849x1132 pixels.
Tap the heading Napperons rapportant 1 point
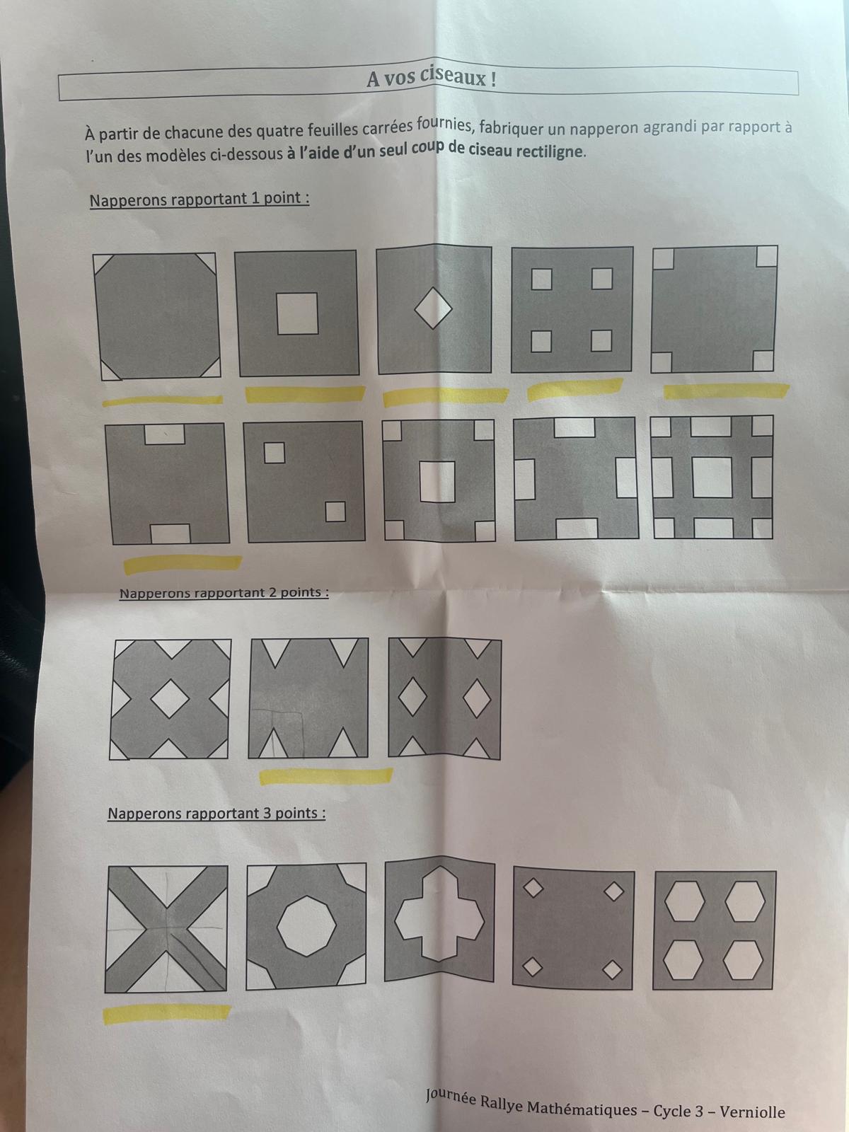tap(200, 199)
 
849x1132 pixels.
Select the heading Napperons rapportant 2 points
tap(224, 593)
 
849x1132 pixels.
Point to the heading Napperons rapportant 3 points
tap(216, 814)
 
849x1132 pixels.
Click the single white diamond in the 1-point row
tap(433, 308)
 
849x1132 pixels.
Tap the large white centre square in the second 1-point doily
tap(297, 313)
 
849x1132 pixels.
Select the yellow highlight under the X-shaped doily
tap(166, 1012)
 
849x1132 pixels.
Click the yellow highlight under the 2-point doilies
tap(325, 775)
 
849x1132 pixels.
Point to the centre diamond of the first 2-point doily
tap(170, 699)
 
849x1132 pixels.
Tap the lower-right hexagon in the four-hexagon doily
tap(743, 960)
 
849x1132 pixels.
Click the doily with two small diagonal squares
tap(304, 482)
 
